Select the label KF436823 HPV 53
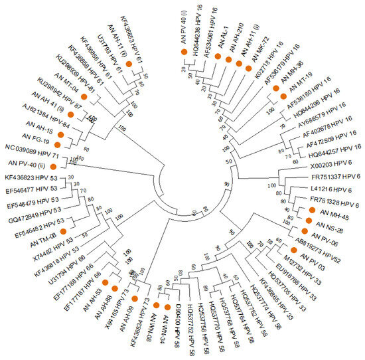click(x=31, y=178)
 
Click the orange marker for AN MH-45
click(x=311, y=211)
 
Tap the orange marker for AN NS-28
click(x=308, y=221)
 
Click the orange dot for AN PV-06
click(x=305, y=230)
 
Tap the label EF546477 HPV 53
click(x=30, y=189)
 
